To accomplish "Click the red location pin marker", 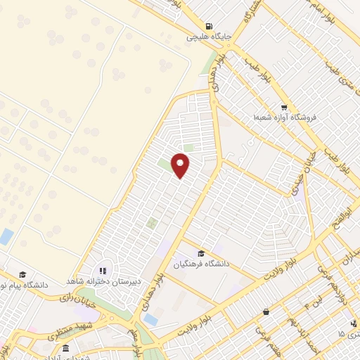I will [x=181, y=165].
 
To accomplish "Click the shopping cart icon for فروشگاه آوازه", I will [x=283, y=107].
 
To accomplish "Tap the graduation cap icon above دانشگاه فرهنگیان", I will [x=201, y=253].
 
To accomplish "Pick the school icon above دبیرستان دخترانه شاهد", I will [x=103, y=270].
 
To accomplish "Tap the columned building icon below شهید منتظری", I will [x=65, y=348].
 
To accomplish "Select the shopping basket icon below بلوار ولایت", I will [x=266, y=312].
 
